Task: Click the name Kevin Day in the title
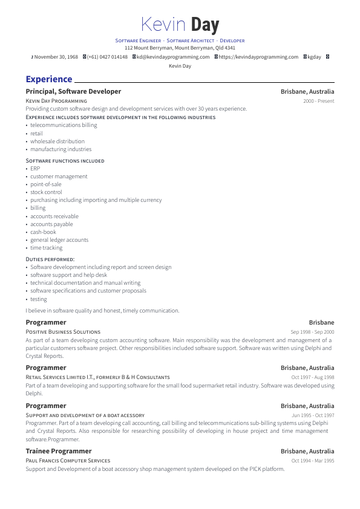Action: click(x=180, y=25)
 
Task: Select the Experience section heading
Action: click(x=49, y=79)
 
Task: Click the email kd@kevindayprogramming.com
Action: click(x=173, y=57)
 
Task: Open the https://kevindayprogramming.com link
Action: click(x=258, y=57)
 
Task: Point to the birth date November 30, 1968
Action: click(x=56, y=57)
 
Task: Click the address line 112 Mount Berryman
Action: click(x=180, y=48)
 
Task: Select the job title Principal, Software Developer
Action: click(x=73, y=92)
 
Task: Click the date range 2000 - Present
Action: click(x=318, y=101)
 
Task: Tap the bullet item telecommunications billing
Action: click(x=64, y=125)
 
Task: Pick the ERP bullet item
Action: click(x=35, y=169)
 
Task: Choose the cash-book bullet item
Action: click(x=43, y=232)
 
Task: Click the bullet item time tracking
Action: click(x=47, y=248)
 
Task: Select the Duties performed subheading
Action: click(x=50, y=259)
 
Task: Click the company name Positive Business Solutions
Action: click(x=63, y=332)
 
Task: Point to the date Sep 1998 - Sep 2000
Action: click(x=312, y=332)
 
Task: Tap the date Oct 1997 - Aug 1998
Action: click(x=313, y=377)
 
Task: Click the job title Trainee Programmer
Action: click(x=59, y=451)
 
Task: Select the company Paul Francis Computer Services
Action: click(x=68, y=461)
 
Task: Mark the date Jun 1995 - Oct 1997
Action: click(x=313, y=415)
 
